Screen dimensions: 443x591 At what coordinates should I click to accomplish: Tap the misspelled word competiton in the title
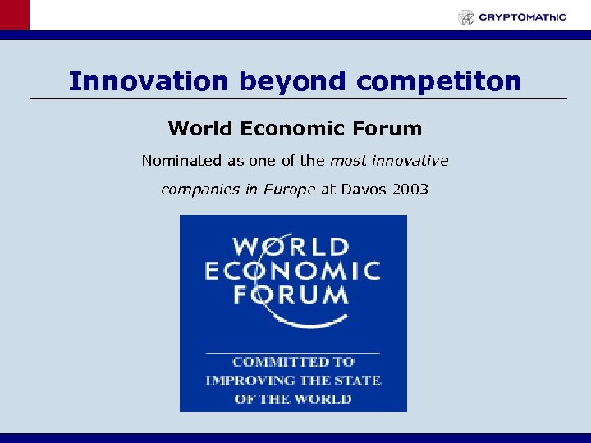tap(439, 81)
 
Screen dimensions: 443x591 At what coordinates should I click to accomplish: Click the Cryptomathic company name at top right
tap(522, 16)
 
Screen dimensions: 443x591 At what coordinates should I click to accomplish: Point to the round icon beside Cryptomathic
tap(466, 17)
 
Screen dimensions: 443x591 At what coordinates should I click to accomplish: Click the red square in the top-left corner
tap(15, 15)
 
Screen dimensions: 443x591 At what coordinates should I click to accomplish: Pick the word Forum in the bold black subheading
tap(390, 129)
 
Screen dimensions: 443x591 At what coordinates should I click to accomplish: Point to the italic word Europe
tap(290, 190)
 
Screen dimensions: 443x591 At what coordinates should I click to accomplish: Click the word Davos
tap(364, 190)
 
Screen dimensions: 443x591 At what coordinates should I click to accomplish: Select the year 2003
tap(410, 190)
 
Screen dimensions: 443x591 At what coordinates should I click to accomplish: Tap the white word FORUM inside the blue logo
tap(292, 295)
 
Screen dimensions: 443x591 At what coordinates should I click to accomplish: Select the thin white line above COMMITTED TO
tap(292, 351)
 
